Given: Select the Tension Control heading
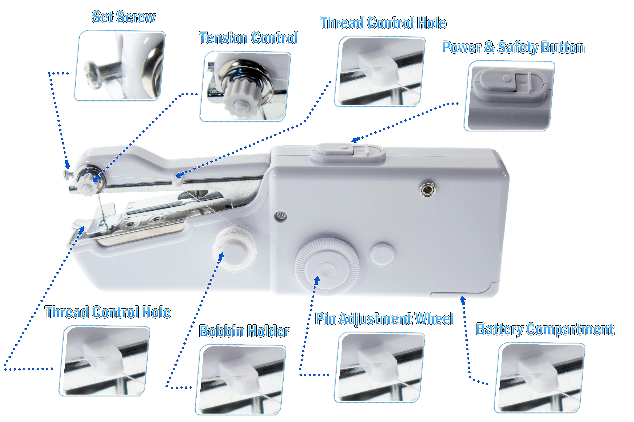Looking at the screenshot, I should (249, 38).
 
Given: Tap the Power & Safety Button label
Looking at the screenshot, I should (513, 48).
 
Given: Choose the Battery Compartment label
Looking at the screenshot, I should (545, 329).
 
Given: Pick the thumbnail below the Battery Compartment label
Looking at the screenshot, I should (540, 378).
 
